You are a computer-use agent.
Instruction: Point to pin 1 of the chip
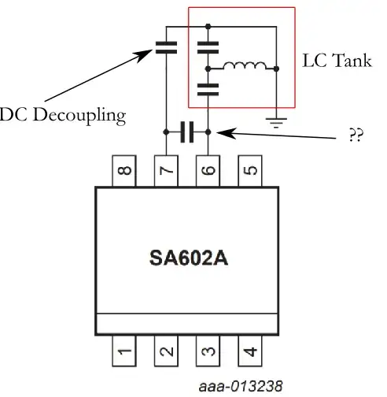125,352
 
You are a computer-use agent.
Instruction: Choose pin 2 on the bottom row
167,352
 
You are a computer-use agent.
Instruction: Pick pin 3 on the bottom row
208,352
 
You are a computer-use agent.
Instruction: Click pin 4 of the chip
249,352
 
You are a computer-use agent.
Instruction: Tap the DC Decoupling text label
63,115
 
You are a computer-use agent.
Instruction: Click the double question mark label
354,135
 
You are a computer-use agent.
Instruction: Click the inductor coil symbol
243,66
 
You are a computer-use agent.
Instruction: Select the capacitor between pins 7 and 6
187,132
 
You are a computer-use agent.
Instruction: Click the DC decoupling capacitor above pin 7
167,46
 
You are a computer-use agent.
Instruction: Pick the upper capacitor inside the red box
208,46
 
